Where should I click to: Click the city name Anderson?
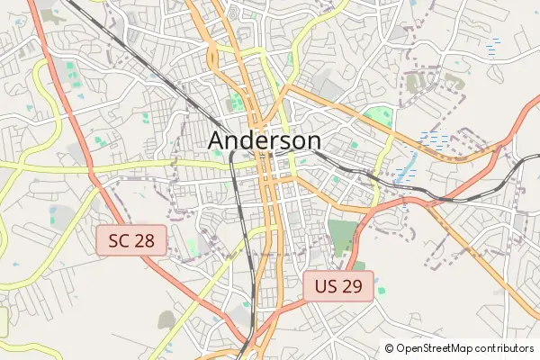coord(265,140)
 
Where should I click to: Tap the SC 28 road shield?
coord(131,239)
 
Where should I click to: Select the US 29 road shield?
coord(337,287)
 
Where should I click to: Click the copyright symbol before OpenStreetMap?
coord(390,348)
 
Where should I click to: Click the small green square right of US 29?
coord(381,290)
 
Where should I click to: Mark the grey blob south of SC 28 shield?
coord(166,319)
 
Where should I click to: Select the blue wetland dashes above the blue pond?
coord(434,139)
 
